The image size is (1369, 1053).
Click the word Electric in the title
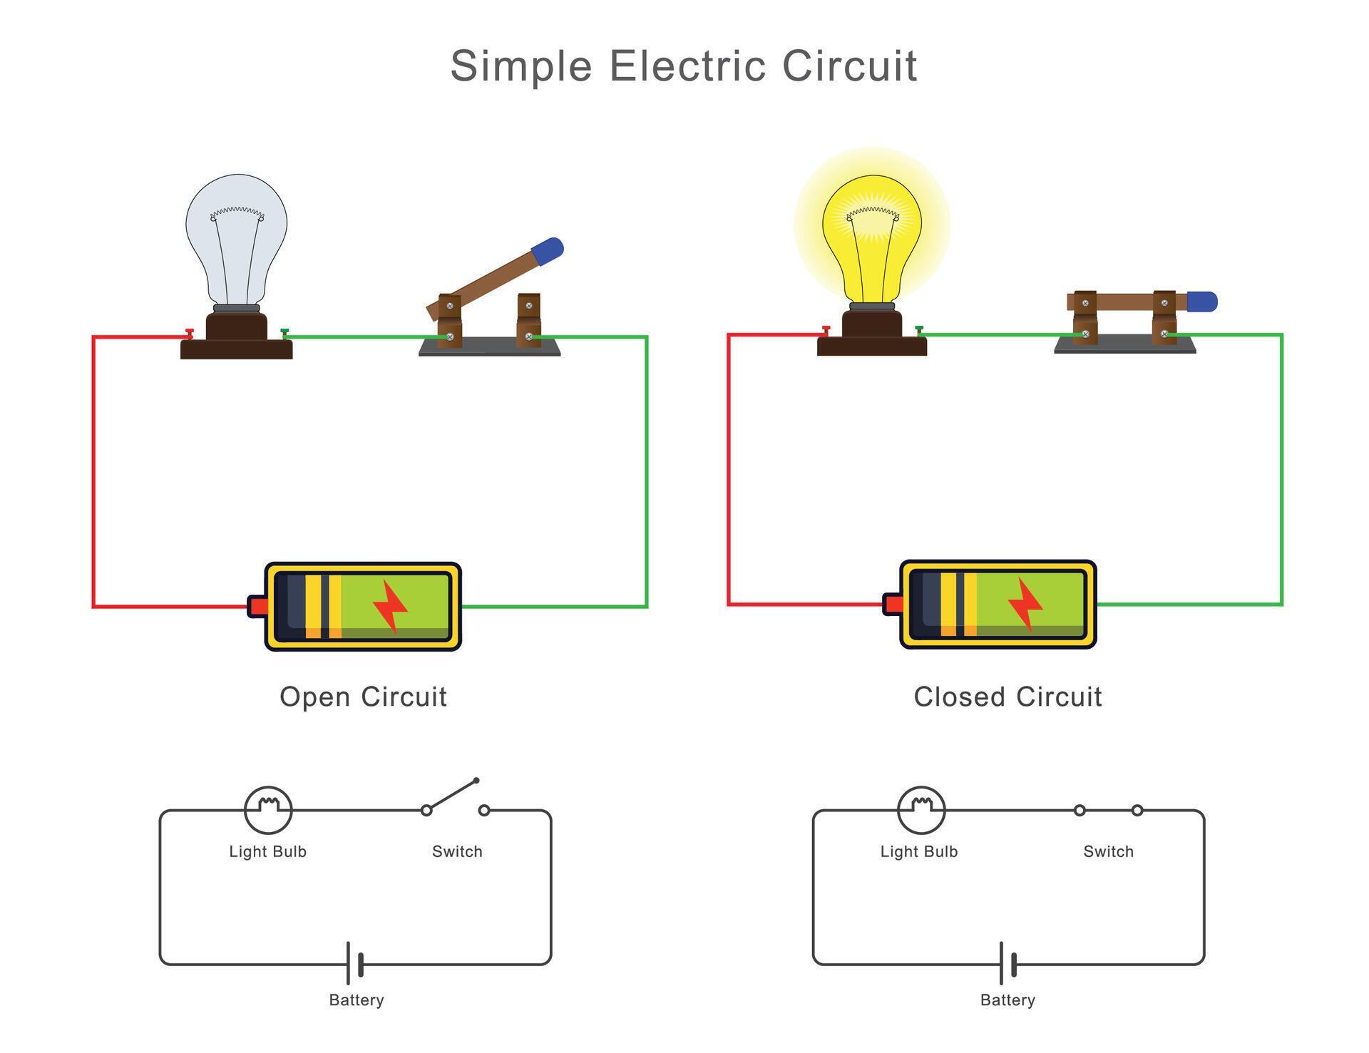(x=687, y=66)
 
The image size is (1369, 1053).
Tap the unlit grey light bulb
(x=236, y=235)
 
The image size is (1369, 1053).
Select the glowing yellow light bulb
(x=871, y=235)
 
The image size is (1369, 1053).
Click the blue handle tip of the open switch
(x=548, y=251)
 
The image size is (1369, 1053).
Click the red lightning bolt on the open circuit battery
(x=390, y=607)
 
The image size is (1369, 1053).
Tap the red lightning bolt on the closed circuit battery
(x=1025, y=605)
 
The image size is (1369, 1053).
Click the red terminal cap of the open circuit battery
(x=257, y=607)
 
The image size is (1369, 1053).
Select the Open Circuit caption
(x=363, y=697)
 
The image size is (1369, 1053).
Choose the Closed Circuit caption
(x=1007, y=697)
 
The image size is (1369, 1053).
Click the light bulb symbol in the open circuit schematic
(x=268, y=810)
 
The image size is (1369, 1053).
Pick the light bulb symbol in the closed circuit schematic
(x=921, y=810)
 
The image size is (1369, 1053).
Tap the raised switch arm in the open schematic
(x=452, y=795)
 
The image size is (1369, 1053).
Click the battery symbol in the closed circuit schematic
(x=1007, y=964)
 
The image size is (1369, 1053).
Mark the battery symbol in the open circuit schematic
(x=355, y=964)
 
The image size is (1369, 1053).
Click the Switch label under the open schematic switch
(x=457, y=851)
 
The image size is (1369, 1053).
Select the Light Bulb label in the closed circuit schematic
(x=918, y=851)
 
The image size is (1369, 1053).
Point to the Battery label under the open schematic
(x=356, y=1000)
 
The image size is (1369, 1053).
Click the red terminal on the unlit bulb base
(x=190, y=333)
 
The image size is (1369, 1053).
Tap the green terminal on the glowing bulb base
(x=919, y=330)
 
